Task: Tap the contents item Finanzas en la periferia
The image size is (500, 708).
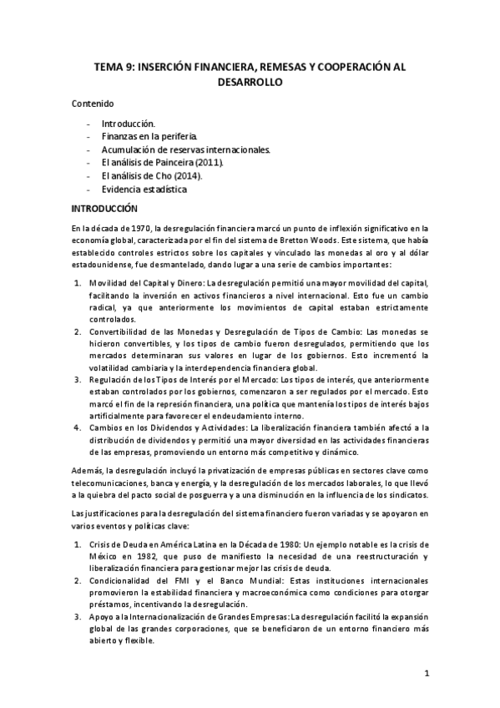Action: click(150, 136)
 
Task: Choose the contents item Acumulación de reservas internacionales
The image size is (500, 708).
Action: click(186, 149)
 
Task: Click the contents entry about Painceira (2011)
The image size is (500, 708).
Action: click(163, 163)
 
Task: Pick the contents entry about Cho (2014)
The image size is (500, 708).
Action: click(152, 176)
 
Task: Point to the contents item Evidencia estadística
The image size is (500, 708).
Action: click(144, 190)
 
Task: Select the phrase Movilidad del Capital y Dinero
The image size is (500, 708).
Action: click(147, 283)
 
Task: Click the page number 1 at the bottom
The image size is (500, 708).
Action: click(426, 673)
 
